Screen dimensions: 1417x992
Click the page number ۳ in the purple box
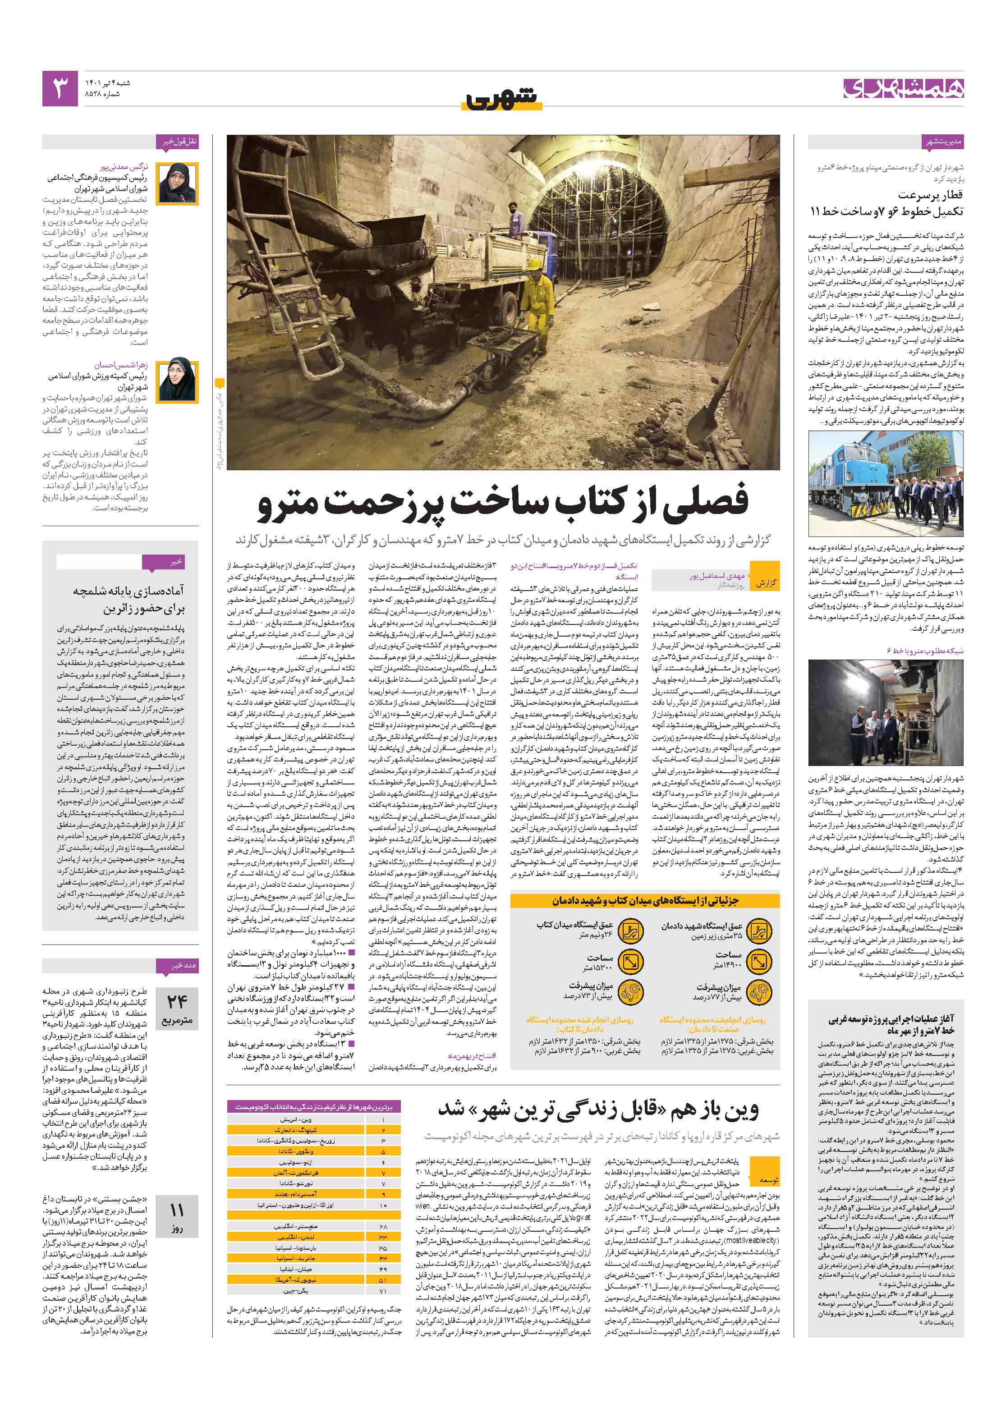point(60,88)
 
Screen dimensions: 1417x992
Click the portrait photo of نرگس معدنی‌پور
point(178,183)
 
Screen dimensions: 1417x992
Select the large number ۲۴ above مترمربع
point(177,1000)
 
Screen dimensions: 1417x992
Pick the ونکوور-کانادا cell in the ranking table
point(296,1151)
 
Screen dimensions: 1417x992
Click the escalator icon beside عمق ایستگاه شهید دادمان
point(757,930)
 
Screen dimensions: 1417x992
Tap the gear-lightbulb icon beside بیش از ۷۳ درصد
point(629,991)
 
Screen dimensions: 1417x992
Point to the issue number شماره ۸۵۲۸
point(102,94)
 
